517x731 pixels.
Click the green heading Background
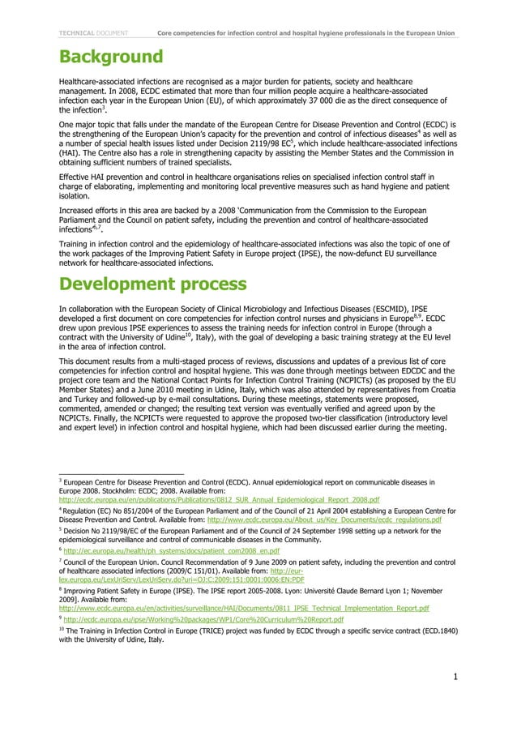pos(111,58)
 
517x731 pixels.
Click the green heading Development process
pos(153,284)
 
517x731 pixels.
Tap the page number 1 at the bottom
pos(456,678)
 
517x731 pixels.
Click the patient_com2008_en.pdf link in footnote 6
pos(171,551)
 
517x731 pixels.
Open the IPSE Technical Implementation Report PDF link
pos(244,607)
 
